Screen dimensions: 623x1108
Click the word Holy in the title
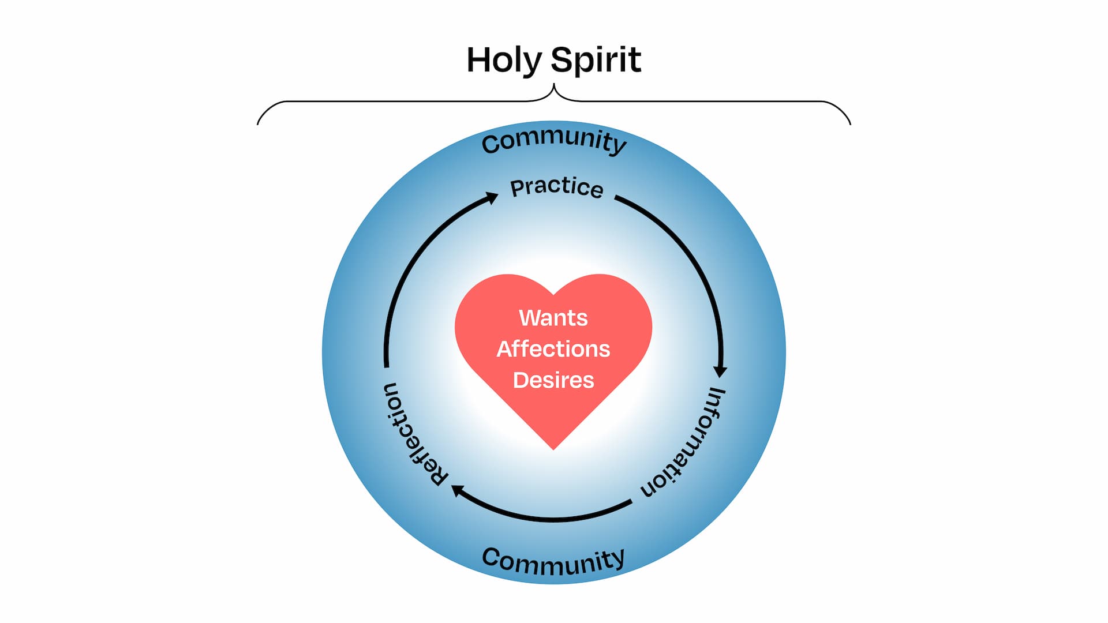504,60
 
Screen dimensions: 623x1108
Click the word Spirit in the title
596,60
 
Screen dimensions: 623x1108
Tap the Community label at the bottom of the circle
553,561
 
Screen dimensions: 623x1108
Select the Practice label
557,187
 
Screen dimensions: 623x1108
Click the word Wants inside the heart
553,318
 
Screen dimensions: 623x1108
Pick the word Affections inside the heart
553,349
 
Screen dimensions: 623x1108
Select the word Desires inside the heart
553,380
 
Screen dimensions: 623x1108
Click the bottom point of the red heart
553,449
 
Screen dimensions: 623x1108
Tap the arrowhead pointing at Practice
491,198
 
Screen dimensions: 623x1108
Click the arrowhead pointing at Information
720,370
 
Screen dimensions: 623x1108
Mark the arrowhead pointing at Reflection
458,491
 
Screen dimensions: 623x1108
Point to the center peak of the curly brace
554,85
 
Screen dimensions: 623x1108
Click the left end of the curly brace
258,123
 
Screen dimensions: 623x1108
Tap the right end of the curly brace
850,123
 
